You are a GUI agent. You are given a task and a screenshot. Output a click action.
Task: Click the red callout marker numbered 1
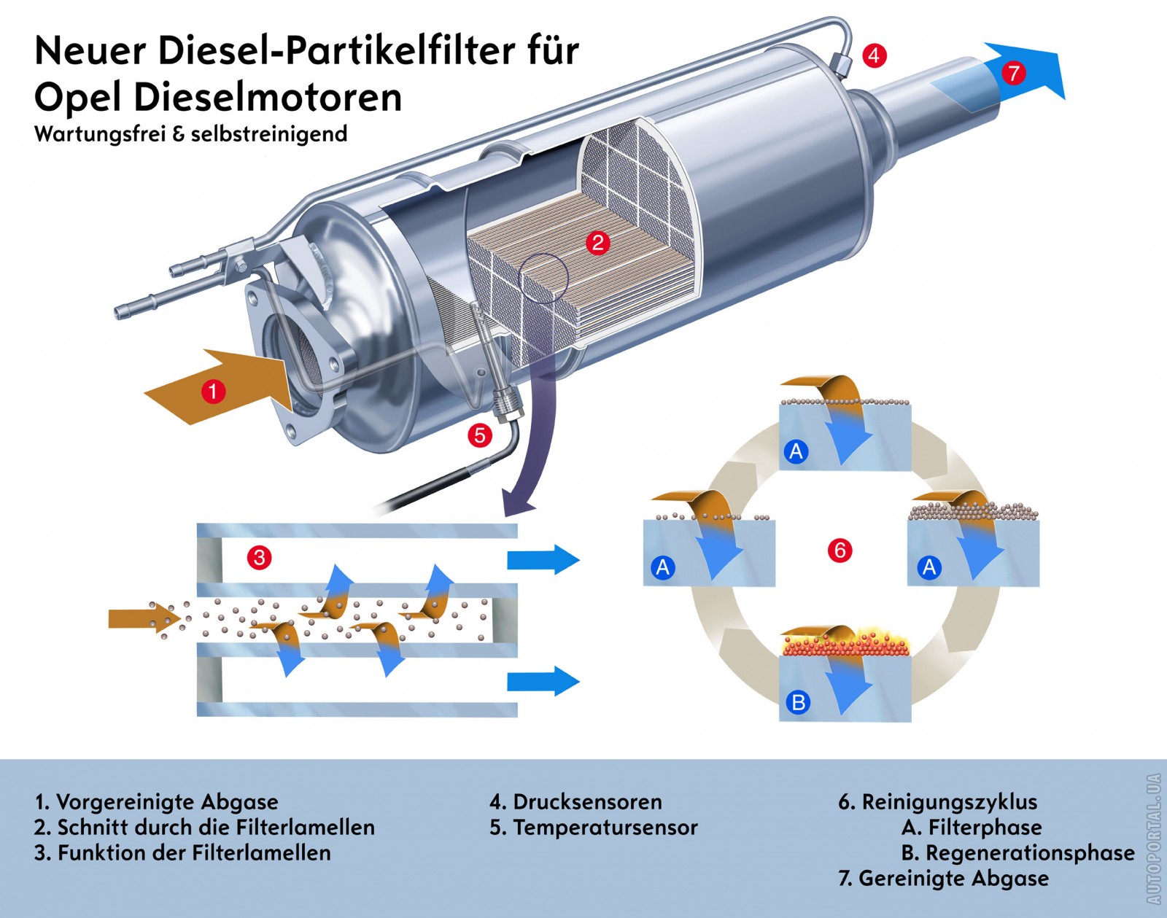212,391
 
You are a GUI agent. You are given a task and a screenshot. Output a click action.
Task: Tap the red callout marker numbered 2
598,242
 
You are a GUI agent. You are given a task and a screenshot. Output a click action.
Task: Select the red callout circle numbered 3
259,558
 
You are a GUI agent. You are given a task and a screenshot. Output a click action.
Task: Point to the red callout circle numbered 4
874,55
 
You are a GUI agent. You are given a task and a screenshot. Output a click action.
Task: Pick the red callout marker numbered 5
479,435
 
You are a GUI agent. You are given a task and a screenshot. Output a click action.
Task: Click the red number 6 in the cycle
840,550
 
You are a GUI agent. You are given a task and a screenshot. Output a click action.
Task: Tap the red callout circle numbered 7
1013,72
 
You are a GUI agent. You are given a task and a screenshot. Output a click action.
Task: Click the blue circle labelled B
798,702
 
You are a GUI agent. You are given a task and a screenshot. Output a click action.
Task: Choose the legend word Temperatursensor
605,828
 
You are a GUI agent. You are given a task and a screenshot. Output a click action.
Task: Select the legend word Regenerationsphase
1030,852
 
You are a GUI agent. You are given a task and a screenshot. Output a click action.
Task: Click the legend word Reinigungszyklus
949,802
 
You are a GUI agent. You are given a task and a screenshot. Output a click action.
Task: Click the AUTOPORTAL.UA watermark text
1154,839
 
